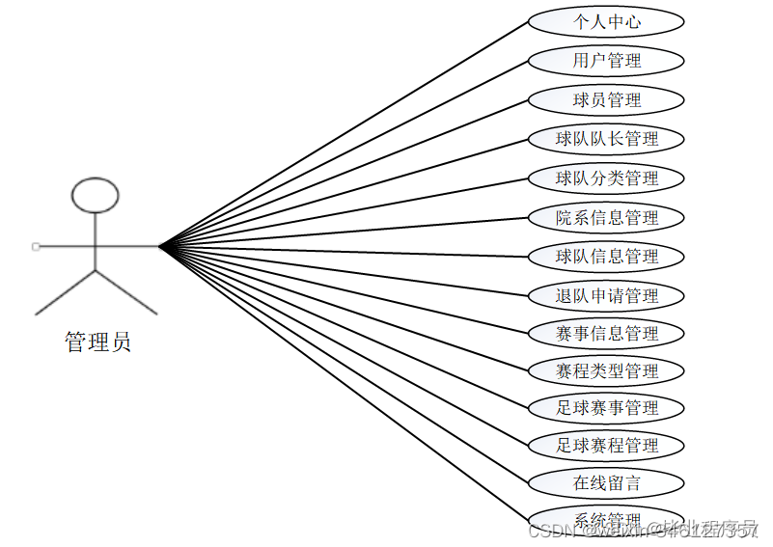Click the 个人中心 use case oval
point(606,21)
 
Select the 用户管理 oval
point(606,61)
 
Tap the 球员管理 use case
point(606,99)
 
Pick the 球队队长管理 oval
point(606,139)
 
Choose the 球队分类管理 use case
point(606,178)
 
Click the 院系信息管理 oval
point(606,218)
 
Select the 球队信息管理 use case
point(606,257)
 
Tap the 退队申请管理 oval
point(606,296)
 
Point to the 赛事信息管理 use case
point(606,334)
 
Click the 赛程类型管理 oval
point(606,370)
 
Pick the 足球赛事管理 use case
point(606,408)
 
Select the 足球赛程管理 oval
point(606,446)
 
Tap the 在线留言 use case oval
point(606,482)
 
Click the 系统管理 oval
point(606,519)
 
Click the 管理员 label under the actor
point(97,342)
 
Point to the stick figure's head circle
point(96,195)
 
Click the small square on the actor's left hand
point(36,247)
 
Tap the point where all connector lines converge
point(161,247)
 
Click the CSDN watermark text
point(552,530)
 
